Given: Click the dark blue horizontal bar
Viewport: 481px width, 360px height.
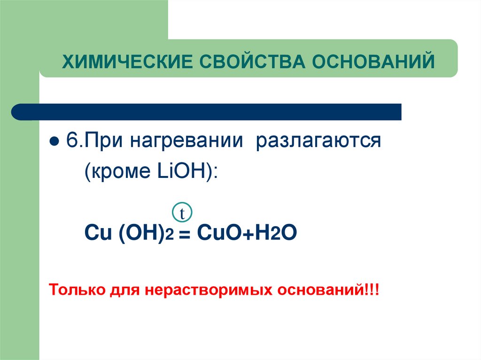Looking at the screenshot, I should point(207,112).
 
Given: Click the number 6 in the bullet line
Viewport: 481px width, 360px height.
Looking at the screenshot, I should point(70,141).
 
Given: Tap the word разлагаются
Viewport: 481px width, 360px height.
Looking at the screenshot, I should point(318,141).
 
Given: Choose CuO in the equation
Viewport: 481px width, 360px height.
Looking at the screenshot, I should point(216,232).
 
